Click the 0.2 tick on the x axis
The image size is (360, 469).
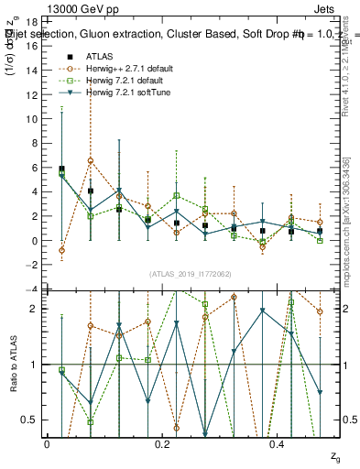point(163,444)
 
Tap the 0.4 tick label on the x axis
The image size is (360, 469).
point(279,444)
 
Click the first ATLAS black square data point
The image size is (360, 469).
point(61,169)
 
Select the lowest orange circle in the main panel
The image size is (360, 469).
point(61,250)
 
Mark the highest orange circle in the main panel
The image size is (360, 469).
point(91,161)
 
